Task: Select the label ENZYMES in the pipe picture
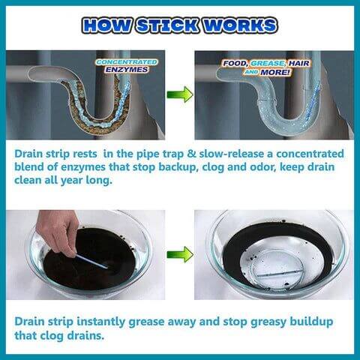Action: [x=127, y=70]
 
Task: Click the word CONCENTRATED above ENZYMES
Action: [x=127, y=62]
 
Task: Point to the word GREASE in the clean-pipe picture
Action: [x=268, y=64]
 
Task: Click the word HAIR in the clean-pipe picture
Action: [x=299, y=64]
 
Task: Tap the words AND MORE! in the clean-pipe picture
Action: [x=267, y=72]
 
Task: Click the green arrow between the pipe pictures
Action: [x=180, y=94]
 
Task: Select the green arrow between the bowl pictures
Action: [x=180, y=254]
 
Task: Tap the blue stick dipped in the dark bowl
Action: [x=91, y=261]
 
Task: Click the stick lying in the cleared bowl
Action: [x=280, y=273]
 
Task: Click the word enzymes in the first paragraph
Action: [x=83, y=166]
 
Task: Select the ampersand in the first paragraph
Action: [x=191, y=154]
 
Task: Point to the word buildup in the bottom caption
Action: [x=311, y=322]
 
